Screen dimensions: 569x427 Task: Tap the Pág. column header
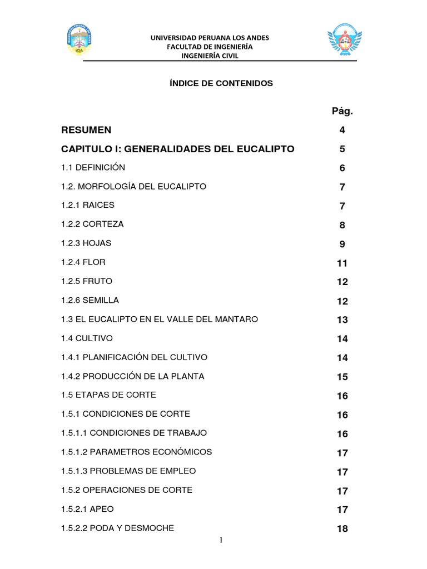click(x=342, y=111)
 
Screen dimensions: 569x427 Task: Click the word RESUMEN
click(x=86, y=130)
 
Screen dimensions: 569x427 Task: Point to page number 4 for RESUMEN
click(x=342, y=131)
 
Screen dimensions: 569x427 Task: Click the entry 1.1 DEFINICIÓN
click(x=93, y=167)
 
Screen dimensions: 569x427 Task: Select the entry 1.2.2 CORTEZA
click(x=92, y=224)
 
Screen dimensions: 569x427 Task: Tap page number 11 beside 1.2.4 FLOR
click(x=342, y=263)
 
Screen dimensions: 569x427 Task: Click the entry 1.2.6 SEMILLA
click(x=90, y=300)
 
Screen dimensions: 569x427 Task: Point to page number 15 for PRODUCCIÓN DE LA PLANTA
click(x=342, y=377)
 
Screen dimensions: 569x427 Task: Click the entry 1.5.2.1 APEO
click(x=87, y=509)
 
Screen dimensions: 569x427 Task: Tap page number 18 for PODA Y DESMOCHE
click(x=342, y=528)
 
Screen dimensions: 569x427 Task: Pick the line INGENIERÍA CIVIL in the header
click(x=210, y=56)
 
